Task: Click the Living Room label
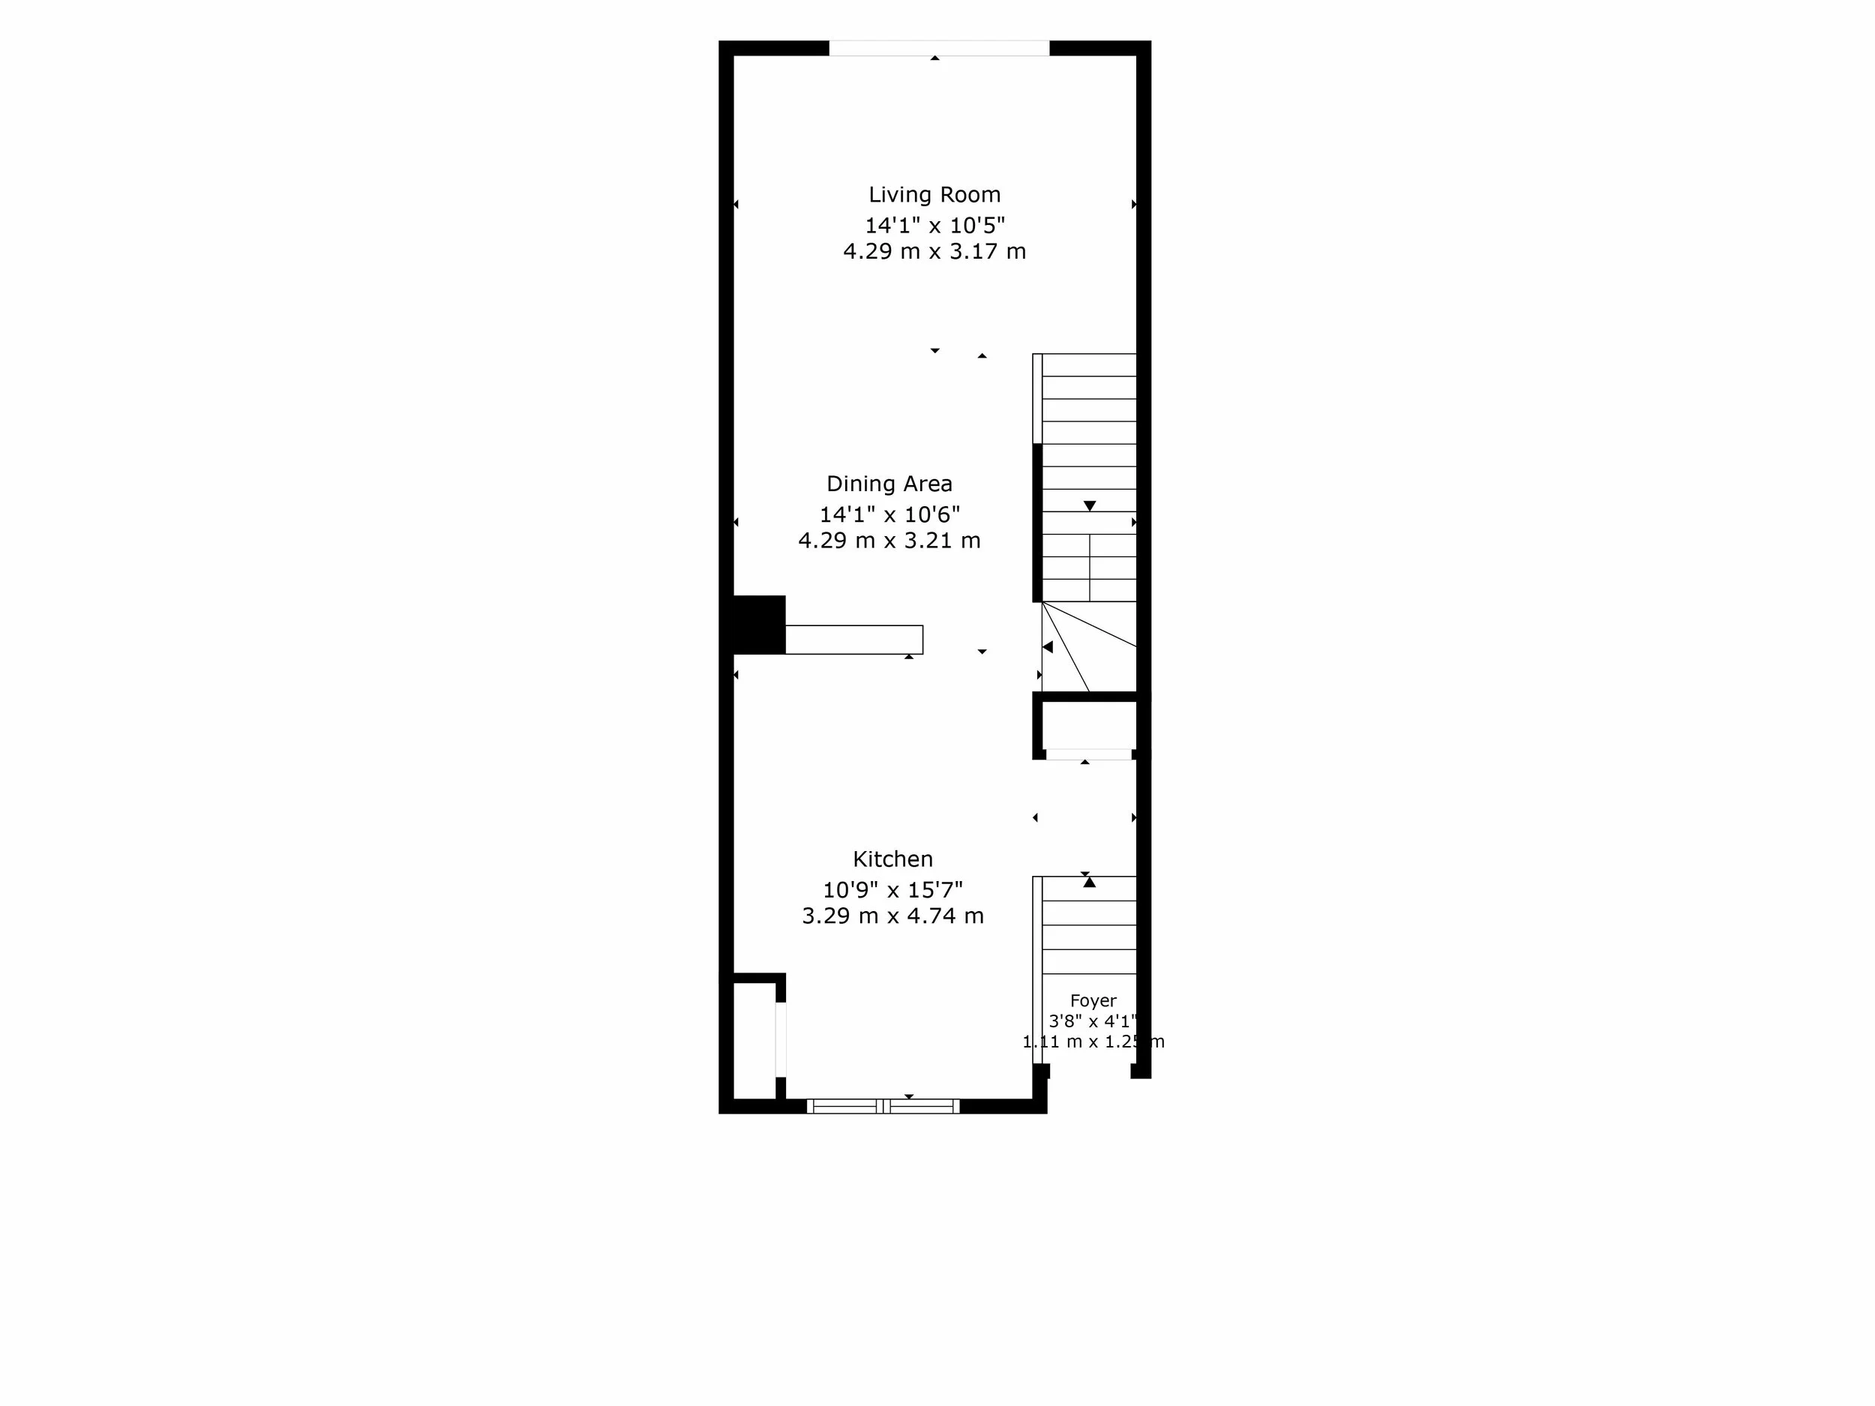point(934,195)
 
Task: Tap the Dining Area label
point(889,484)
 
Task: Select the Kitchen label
point(892,859)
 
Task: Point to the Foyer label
point(1093,1001)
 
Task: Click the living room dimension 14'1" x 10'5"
point(934,226)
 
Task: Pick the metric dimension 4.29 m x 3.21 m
point(889,541)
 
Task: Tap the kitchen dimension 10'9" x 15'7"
point(892,890)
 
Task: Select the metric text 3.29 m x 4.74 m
point(892,916)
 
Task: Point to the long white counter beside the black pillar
point(853,640)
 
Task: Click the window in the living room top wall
point(939,48)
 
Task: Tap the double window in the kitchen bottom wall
point(883,1106)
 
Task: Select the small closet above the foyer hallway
point(1088,725)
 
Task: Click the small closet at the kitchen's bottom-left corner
point(754,1042)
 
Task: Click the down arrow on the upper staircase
point(1090,506)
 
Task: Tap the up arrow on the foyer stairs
point(1089,883)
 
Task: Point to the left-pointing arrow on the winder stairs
point(1048,647)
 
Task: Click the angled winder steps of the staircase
point(1088,646)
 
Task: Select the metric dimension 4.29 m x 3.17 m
point(934,252)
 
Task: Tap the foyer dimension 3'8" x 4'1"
point(1093,1021)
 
